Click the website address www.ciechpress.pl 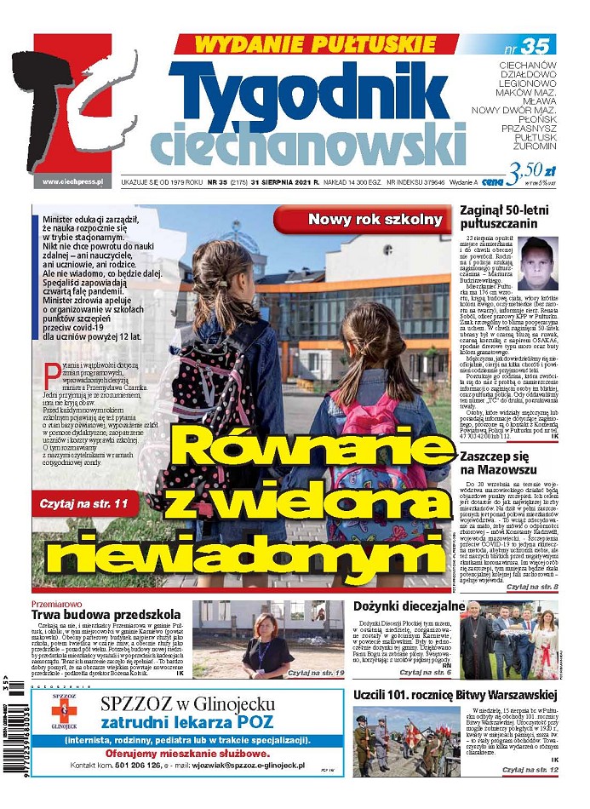click(x=72, y=181)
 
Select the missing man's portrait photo click(x=539, y=265)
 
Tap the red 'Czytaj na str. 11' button click(x=83, y=504)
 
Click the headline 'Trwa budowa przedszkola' click(x=106, y=614)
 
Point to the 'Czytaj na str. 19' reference click(x=315, y=673)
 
